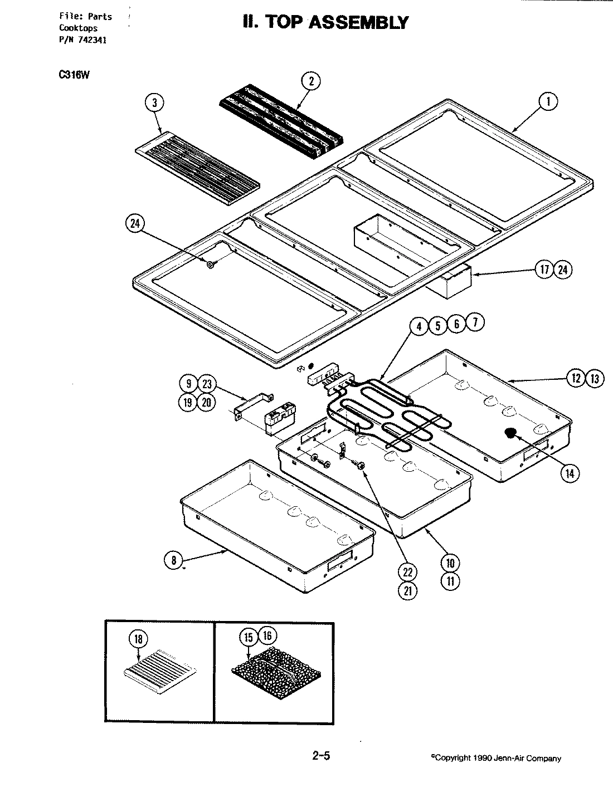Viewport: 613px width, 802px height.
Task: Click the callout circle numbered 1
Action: tap(548, 101)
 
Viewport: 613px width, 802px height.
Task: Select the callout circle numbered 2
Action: tap(311, 81)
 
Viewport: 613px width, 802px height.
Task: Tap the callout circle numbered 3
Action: tap(154, 102)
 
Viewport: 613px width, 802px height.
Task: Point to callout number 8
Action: tap(174, 560)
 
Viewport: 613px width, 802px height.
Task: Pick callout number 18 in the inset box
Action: tap(138, 639)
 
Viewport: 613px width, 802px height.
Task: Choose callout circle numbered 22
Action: tap(408, 572)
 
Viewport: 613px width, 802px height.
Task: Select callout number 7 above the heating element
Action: tap(475, 322)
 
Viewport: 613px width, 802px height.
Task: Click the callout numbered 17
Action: tap(544, 270)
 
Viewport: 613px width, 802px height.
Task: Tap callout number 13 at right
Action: tap(595, 379)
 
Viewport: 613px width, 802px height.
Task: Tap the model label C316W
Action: tap(70, 76)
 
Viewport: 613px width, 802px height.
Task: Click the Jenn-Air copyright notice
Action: tap(496, 758)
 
